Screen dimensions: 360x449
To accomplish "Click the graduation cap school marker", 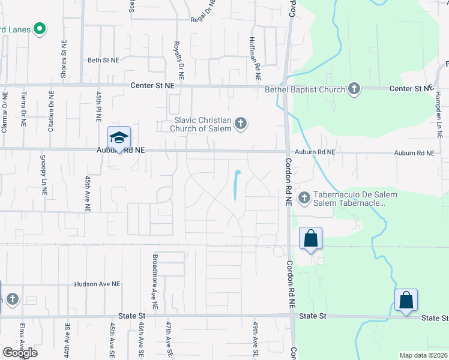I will pyautogui.click(x=119, y=137).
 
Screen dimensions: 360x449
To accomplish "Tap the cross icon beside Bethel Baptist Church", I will pyautogui.click(x=354, y=89).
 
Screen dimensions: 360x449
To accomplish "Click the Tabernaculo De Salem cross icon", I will pyautogui.click(x=304, y=197).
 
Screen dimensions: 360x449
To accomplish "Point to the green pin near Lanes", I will pyautogui.click(x=40, y=28).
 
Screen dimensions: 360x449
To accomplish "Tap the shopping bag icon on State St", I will pyautogui.click(x=406, y=300).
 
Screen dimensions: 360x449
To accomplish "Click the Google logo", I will pyautogui.click(x=20, y=353).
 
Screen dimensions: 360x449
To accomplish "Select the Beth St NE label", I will pyautogui.click(x=103, y=61).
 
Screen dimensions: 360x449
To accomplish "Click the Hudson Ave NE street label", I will pyautogui.click(x=97, y=284).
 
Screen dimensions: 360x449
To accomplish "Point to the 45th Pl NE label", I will pyautogui.click(x=98, y=106).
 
